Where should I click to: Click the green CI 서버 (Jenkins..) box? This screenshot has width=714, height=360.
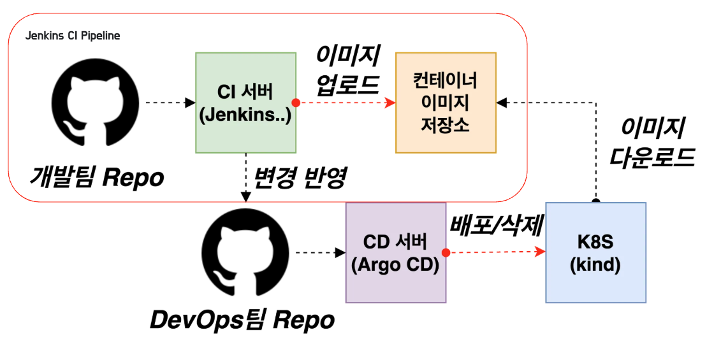click(245, 102)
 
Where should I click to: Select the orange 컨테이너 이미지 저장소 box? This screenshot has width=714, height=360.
click(446, 102)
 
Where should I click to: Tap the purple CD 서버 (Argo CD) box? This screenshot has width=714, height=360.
click(395, 253)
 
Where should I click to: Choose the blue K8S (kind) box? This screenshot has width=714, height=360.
click(595, 253)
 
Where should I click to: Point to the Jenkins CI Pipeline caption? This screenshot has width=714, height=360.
click(73, 36)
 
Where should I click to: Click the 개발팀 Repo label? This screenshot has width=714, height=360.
click(96, 178)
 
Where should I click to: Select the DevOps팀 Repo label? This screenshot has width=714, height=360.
click(242, 320)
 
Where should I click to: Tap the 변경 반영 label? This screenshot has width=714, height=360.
click(300, 178)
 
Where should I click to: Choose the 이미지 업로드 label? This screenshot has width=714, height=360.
click(348, 70)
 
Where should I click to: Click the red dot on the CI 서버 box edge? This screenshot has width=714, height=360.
click(296, 103)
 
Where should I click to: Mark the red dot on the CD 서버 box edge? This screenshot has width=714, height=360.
click(446, 253)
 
